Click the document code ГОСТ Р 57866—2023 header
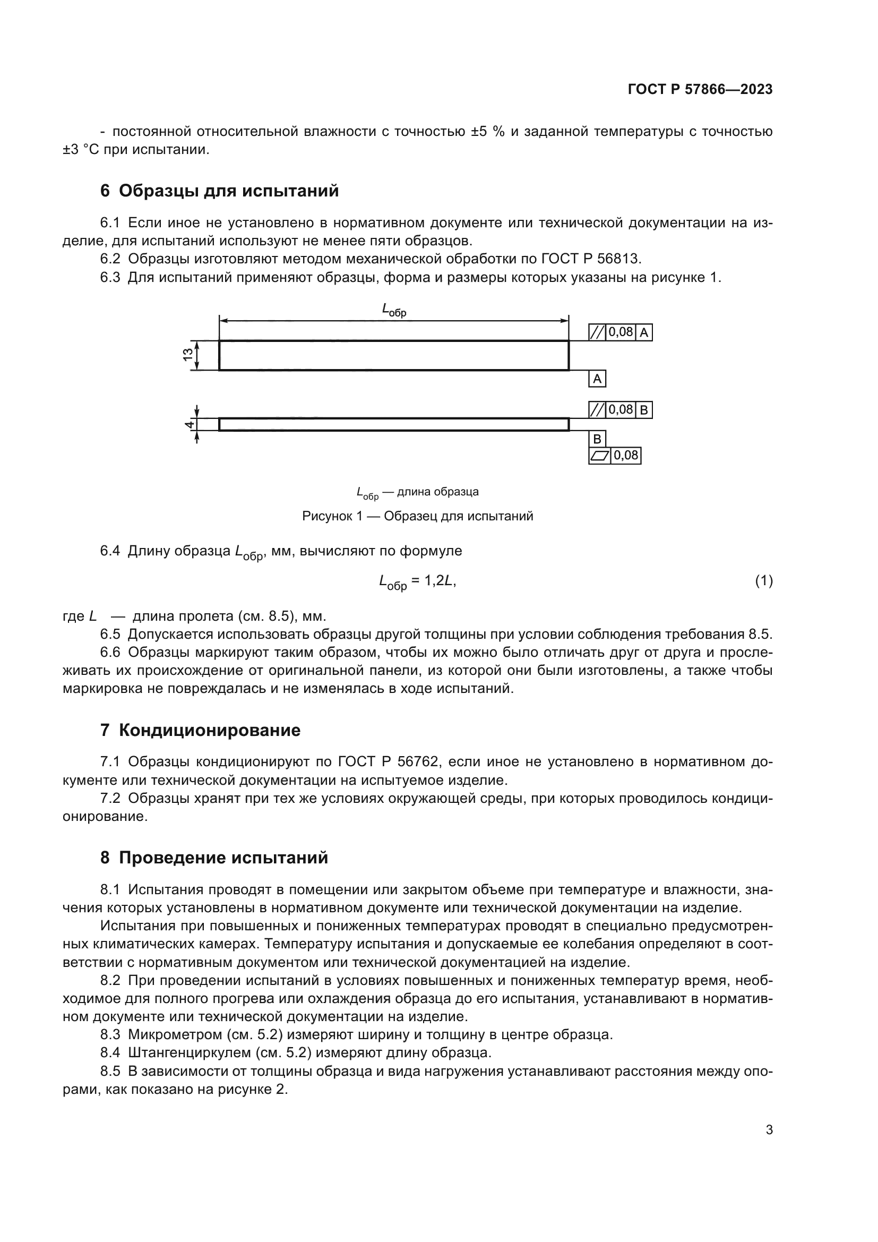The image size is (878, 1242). tap(700, 89)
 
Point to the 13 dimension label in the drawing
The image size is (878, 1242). tap(187, 355)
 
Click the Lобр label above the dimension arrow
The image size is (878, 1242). tap(393, 310)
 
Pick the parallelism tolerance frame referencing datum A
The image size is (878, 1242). tap(620, 332)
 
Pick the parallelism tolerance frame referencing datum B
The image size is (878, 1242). tap(620, 410)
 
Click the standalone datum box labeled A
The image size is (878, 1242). tap(597, 379)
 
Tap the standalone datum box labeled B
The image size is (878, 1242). tap(597, 439)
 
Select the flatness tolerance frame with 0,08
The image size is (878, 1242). tap(614, 456)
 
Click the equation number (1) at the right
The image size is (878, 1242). tap(763, 580)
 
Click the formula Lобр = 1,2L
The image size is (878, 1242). tap(417, 581)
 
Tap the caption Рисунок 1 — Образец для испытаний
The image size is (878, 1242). tap(417, 516)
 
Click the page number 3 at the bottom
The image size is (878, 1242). tap(769, 1129)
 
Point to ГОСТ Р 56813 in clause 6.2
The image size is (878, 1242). tap(590, 259)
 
